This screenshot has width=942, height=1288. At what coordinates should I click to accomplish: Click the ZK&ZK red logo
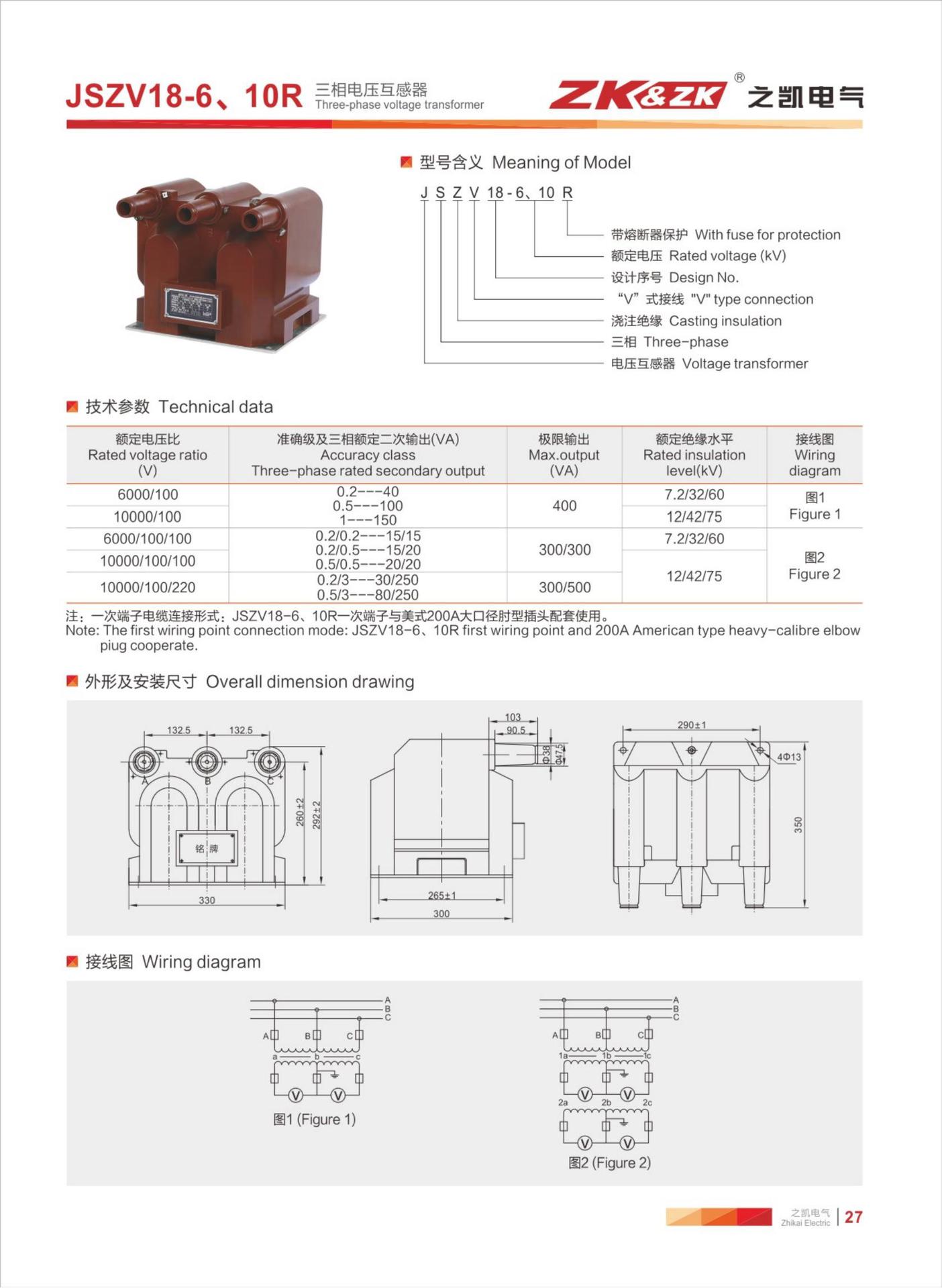point(637,95)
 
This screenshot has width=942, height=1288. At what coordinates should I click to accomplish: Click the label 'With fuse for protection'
point(767,235)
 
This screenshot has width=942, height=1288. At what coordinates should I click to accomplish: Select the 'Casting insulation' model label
point(725,321)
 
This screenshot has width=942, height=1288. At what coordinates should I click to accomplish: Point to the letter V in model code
point(474,193)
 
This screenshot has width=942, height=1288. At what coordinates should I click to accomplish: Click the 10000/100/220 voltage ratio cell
point(148,588)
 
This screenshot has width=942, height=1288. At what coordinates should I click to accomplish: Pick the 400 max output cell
point(564,506)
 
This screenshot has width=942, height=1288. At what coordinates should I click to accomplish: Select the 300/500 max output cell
point(564,588)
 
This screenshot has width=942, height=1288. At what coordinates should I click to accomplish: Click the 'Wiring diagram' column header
point(814,455)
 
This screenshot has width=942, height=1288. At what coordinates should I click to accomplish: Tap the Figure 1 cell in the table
point(814,506)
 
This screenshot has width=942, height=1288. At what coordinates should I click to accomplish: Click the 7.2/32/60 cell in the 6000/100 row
point(694,495)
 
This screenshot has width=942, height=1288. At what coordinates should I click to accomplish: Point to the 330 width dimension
point(207,900)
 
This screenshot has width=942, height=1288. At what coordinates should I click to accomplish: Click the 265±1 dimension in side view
point(441,896)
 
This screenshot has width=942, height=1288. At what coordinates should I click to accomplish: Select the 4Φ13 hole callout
point(789,757)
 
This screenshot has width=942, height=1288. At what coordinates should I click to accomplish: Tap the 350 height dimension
point(798,825)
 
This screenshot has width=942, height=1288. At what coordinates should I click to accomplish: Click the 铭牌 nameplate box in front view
point(207,849)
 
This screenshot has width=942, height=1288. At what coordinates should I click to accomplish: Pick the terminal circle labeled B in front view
point(207,762)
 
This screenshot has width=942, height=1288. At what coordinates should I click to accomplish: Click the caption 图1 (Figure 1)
point(314,1120)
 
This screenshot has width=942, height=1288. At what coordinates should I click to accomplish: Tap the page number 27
point(853,1217)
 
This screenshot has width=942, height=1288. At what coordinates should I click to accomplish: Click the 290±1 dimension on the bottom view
point(691,725)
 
